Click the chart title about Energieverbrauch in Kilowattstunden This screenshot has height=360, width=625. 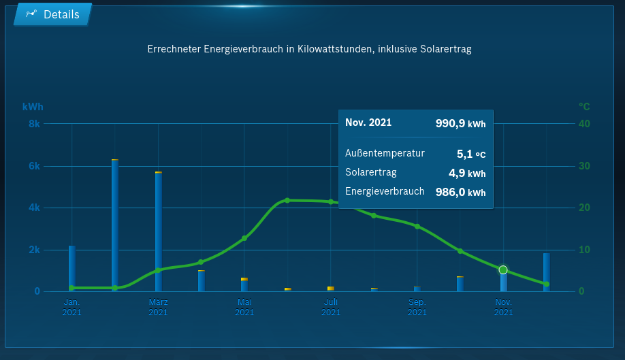click(309, 49)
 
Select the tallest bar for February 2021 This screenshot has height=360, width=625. click(115, 225)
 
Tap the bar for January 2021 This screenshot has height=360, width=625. click(72, 268)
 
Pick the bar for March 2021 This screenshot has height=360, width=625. click(159, 231)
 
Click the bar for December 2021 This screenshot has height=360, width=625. click(547, 272)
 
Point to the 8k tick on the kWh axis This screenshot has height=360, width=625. click(34, 124)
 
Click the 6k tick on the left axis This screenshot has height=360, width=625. click(34, 166)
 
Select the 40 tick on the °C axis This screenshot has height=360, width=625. click(584, 124)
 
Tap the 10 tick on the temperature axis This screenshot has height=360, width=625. click(584, 250)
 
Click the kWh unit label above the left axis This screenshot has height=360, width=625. click(33, 107)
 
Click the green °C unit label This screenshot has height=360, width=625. click(584, 107)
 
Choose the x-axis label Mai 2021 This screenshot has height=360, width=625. click(244, 307)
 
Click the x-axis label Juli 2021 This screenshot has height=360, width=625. click(331, 307)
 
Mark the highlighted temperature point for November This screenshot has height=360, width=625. click(503, 270)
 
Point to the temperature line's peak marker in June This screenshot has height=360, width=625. click(287, 200)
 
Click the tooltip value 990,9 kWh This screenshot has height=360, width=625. click(460, 123)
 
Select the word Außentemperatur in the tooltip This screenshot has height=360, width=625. click(385, 153)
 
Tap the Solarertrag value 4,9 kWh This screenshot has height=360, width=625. click(466, 173)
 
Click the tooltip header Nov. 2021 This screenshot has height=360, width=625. click(368, 122)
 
